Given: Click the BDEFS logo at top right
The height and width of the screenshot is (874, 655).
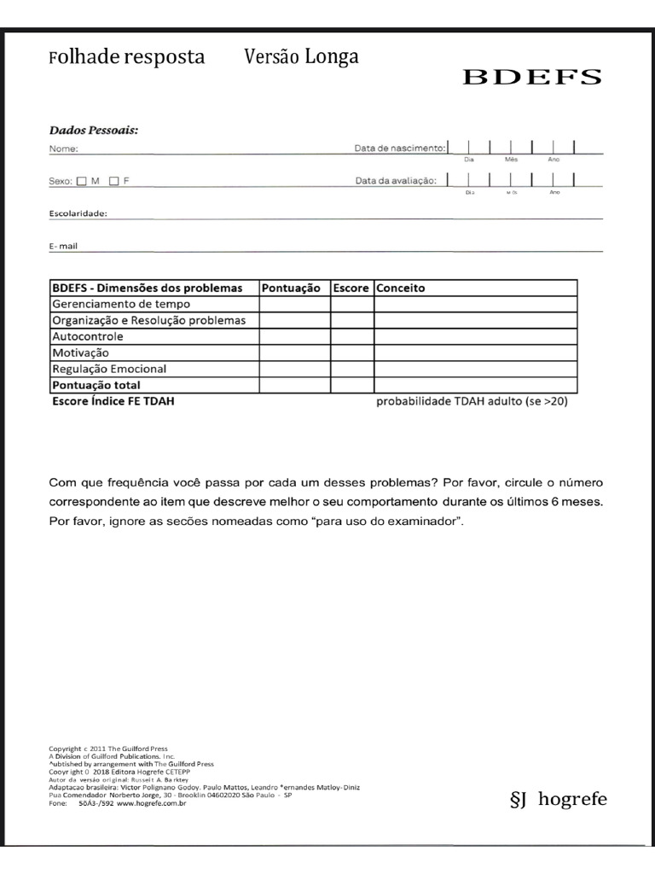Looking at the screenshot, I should (532, 77).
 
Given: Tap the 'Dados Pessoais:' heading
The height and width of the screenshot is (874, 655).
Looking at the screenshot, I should (94, 131).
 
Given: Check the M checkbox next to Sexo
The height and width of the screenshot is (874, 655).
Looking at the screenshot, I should (82, 181).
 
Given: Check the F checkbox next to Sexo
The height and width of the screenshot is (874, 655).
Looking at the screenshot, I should (114, 181).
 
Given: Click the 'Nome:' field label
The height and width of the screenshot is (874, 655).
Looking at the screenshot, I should (64, 149).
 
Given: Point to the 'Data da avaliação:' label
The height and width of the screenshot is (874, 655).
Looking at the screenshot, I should (397, 181).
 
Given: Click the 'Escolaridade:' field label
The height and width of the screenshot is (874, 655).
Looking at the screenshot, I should (78, 213).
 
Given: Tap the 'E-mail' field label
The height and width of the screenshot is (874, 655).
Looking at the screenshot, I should (64, 246).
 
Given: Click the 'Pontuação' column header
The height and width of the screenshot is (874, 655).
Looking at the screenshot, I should (291, 288).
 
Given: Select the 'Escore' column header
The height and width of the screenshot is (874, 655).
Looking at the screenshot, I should (351, 288).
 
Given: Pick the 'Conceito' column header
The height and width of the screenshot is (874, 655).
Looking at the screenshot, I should (401, 288).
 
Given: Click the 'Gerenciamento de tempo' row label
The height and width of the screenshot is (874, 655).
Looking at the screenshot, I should (121, 304).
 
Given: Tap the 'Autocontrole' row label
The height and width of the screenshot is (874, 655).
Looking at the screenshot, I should (88, 336).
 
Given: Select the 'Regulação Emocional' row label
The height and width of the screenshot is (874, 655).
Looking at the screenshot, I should (109, 369).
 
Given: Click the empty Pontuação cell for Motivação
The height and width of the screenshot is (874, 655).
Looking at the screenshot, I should (295, 353).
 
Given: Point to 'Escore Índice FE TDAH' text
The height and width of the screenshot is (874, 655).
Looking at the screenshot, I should (113, 400).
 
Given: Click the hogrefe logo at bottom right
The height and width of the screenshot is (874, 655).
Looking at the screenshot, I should (558, 800).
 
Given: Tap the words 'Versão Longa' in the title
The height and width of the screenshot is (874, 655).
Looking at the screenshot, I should (301, 57).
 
